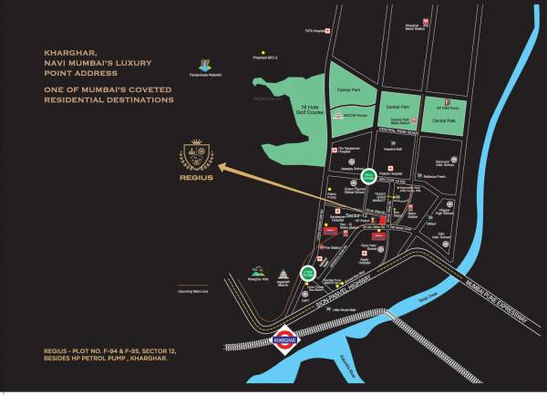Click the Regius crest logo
[x=198, y=161]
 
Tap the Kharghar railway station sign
[x=285, y=340]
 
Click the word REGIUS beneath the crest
[x=198, y=192]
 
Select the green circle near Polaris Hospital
[x=368, y=175]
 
